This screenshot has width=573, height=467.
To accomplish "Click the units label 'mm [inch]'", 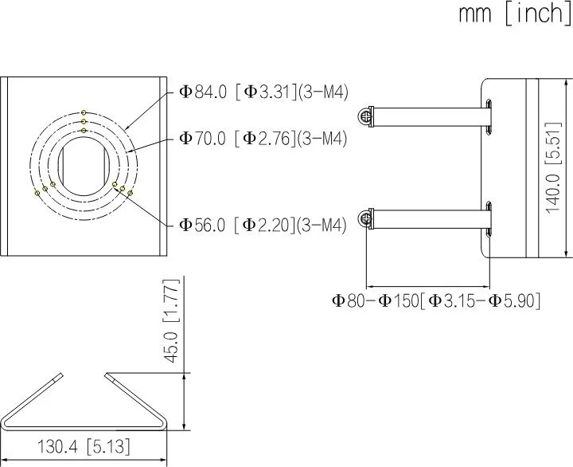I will pyautogui.click(x=514, y=14).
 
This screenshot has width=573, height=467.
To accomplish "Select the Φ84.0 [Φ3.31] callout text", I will pyautogui.click(x=263, y=92).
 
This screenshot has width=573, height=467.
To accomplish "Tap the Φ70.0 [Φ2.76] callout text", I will pyautogui.click(x=263, y=139).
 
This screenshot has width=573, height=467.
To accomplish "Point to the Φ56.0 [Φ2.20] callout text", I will pyautogui.click(x=263, y=226).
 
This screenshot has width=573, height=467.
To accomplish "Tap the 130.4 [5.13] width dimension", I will pyautogui.click(x=84, y=446).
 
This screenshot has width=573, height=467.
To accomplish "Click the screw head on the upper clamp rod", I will pyautogui.click(x=366, y=116).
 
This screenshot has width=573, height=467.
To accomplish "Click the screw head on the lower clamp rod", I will pyautogui.click(x=366, y=218).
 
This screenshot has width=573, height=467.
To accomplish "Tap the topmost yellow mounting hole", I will pyautogui.click(x=84, y=112).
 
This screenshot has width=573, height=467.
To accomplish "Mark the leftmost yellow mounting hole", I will pyautogui.click(x=37, y=192).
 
